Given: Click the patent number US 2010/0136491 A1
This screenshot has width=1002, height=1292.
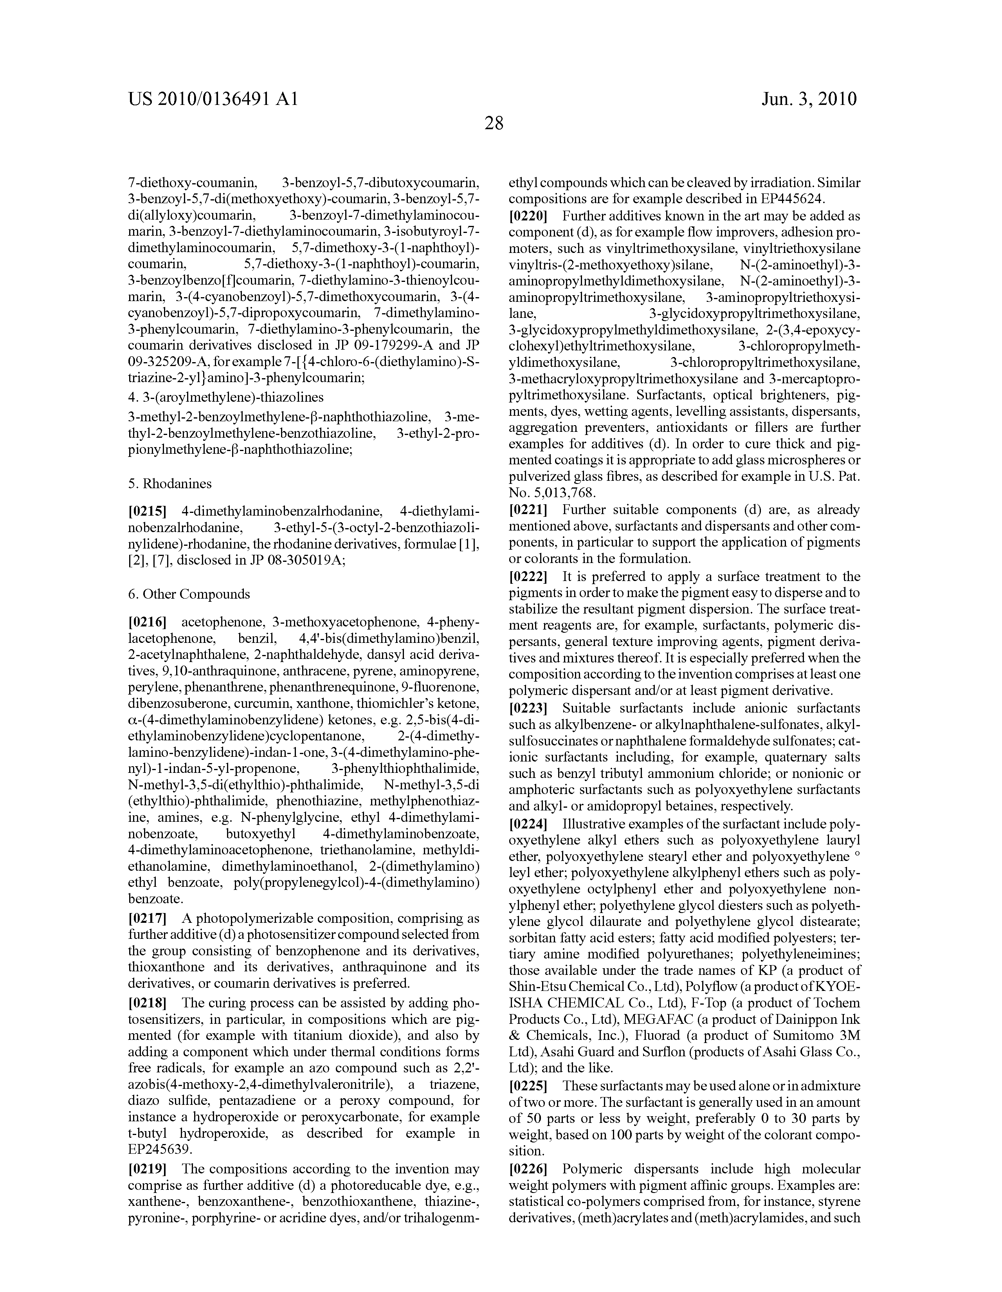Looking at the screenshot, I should click(x=213, y=98).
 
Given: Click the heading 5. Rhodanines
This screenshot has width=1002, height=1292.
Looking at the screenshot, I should click(x=170, y=483).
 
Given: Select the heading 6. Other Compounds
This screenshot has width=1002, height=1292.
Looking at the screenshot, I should click(x=189, y=594).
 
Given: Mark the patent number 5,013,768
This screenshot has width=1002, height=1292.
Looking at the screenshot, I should click(x=563, y=492).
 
